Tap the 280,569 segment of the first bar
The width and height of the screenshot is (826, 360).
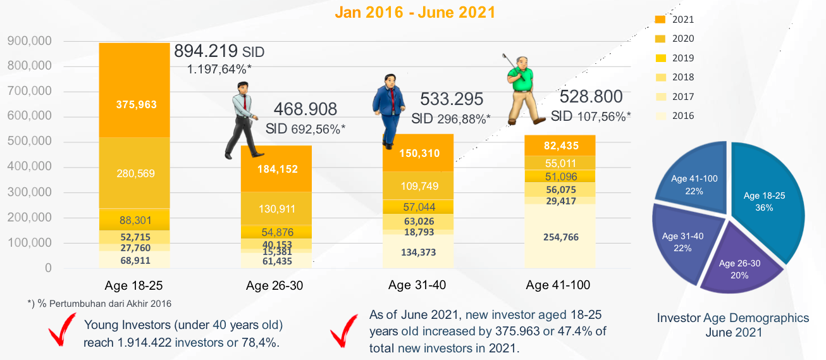[x=134, y=173]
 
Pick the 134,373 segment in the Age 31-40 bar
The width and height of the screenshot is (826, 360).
[x=418, y=252]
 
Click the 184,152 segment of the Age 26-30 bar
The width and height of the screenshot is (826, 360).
[x=276, y=169]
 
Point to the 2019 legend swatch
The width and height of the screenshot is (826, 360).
[x=660, y=58]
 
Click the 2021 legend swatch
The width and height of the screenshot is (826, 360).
[x=660, y=20]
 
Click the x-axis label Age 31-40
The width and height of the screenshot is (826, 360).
[x=417, y=285]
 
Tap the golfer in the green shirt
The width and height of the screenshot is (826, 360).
[x=521, y=89]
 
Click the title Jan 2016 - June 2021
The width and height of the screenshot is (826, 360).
[x=415, y=12]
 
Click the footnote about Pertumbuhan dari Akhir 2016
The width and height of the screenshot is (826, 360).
[x=100, y=304]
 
